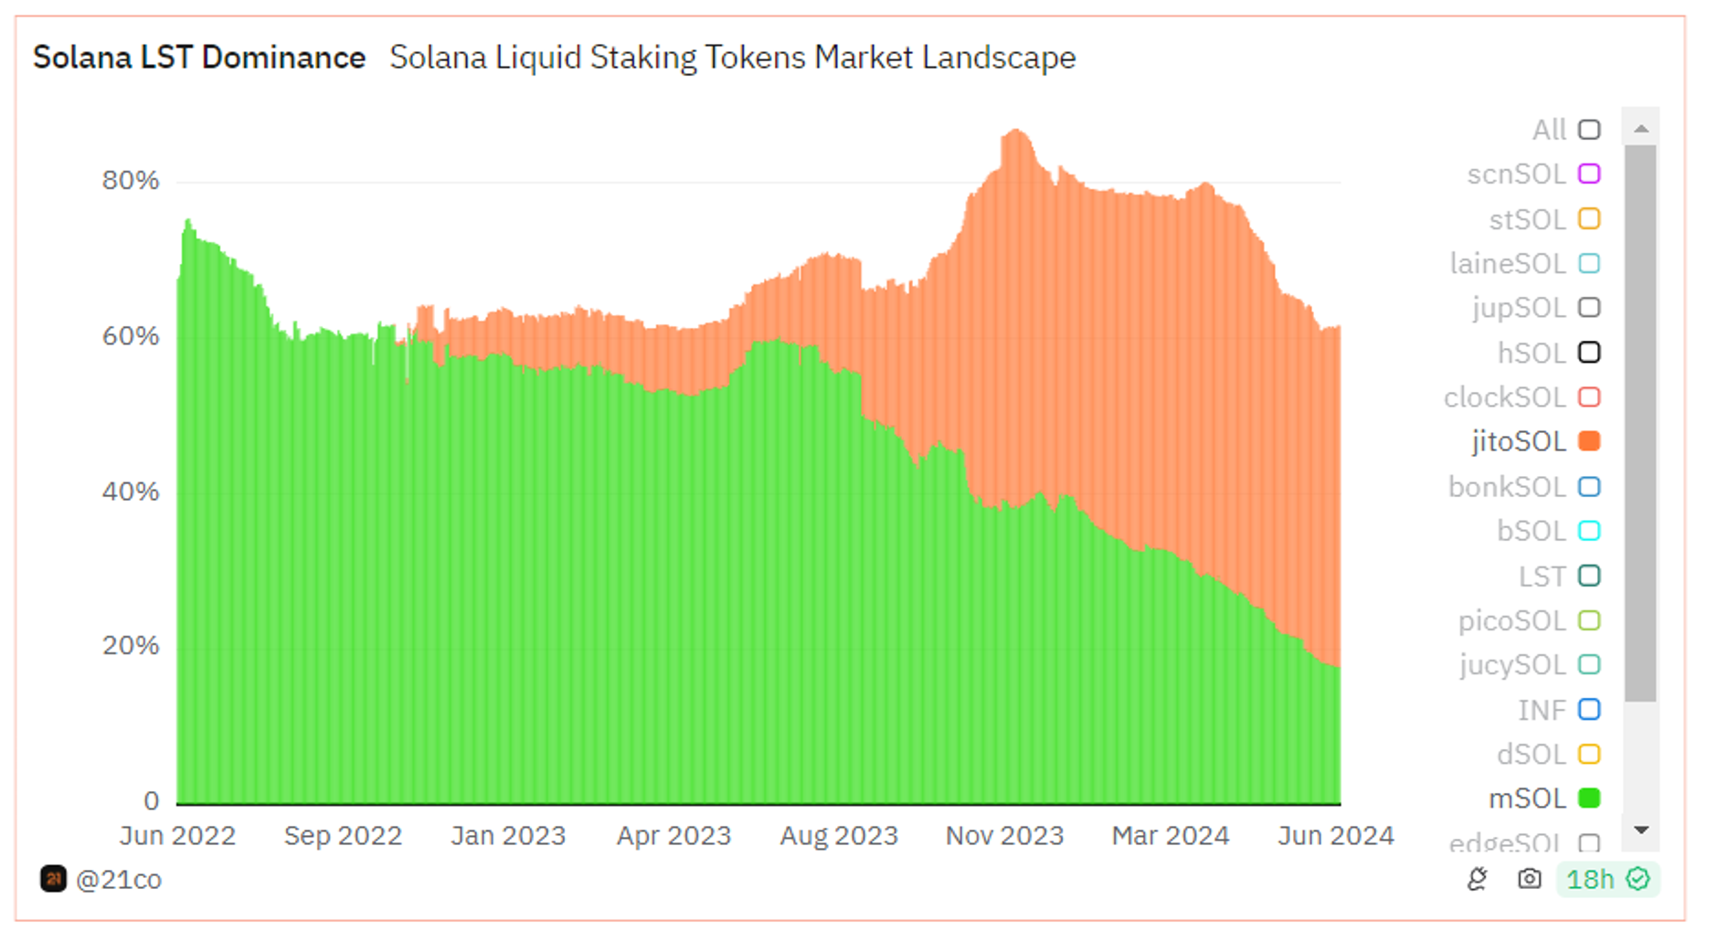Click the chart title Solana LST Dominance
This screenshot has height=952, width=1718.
[x=199, y=58]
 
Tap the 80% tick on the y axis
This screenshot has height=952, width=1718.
[x=131, y=181]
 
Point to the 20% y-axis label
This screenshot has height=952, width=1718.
[x=131, y=646]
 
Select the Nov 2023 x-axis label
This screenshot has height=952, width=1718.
[x=1004, y=835]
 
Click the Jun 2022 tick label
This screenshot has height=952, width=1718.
[x=177, y=835]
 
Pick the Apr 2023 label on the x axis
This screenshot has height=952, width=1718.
[x=673, y=835]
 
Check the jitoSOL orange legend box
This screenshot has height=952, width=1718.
[x=1589, y=441]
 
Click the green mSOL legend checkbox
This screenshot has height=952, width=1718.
[x=1589, y=799]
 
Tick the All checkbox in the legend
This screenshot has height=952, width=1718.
[x=1589, y=130]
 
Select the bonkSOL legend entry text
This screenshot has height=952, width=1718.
[x=1507, y=487]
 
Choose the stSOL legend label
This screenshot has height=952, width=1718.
[x=1527, y=219]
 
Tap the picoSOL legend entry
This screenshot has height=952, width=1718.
[x=1511, y=620]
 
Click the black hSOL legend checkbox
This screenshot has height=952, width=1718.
[x=1589, y=353]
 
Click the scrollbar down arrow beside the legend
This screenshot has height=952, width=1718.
[x=1641, y=830]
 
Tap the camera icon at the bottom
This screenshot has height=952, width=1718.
[x=1529, y=879]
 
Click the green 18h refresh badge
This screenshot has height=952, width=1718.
[x=1607, y=879]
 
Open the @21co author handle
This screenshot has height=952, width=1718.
[x=118, y=879]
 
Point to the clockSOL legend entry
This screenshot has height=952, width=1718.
[x=1504, y=397]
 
